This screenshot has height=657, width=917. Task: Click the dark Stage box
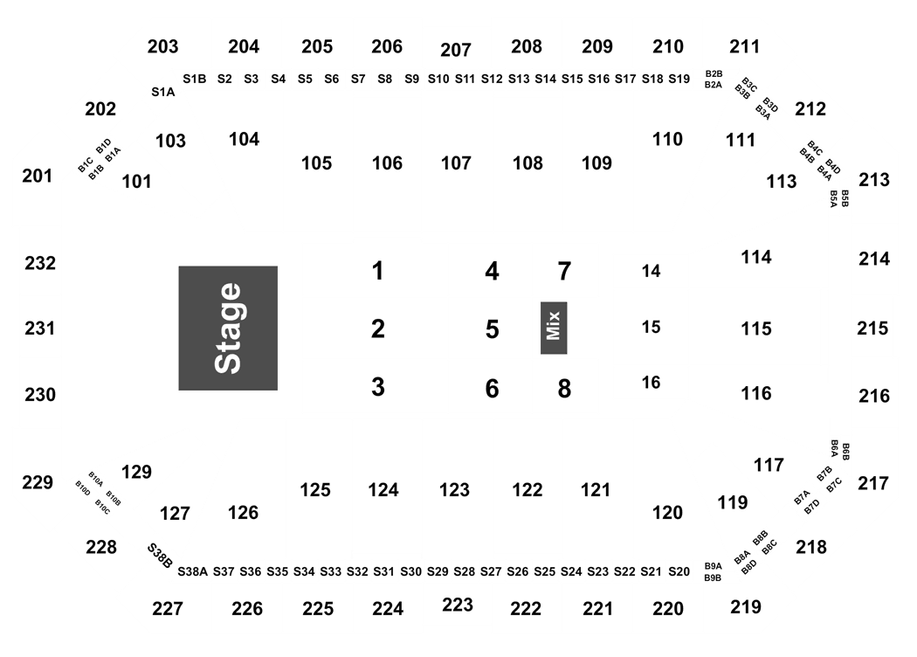tap(228, 328)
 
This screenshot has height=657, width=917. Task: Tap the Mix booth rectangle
tap(554, 328)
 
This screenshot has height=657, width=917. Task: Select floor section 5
tap(492, 329)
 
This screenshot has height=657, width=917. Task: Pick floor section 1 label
tap(378, 271)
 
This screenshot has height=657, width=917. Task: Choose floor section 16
tap(651, 383)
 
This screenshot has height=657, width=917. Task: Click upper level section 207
tap(456, 50)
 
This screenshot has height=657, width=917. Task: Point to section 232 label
tap(40, 263)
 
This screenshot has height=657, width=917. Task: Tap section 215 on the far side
tap(872, 328)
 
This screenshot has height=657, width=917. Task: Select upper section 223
tap(458, 605)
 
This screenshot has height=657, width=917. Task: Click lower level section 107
tap(456, 163)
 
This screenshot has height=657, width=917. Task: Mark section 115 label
tap(756, 328)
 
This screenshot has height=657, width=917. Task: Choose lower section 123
tap(454, 489)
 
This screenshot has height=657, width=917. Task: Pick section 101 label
tap(136, 182)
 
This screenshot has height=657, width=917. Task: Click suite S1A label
tap(163, 92)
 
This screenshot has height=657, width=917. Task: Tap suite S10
tap(438, 79)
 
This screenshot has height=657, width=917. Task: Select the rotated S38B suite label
tap(159, 555)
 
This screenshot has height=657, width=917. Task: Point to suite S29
tap(438, 571)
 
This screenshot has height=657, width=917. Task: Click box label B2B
tap(714, 73)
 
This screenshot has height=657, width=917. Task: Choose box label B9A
tap(713, 566)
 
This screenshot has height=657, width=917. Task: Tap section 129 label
tap(136, 472)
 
